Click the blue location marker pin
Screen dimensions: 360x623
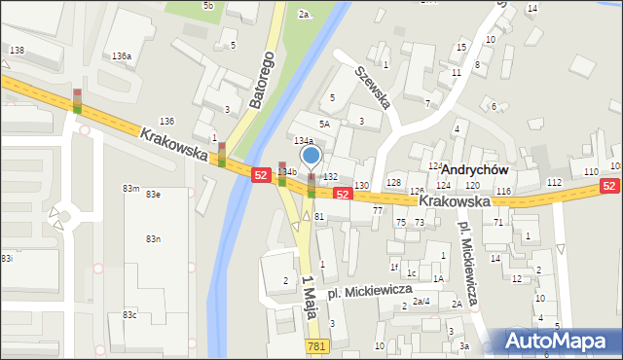tap(311, 156)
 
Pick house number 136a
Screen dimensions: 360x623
tap(122, 57)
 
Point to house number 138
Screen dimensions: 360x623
tap(16, 50)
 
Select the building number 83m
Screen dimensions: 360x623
tap(129, 188)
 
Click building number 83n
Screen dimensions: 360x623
tap(153, 238)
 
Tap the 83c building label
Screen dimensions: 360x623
tap(129, 314)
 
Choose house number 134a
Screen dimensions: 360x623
tap(305, 141)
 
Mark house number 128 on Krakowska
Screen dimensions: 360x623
tap(393, 183)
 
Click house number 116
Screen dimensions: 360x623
tap(502, 192)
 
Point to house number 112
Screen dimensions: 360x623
tap(554, 183)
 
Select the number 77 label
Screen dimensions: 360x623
tap(377, 210)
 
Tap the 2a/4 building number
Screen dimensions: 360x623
tap(421, 302)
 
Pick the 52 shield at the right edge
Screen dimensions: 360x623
tap(609, 186)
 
